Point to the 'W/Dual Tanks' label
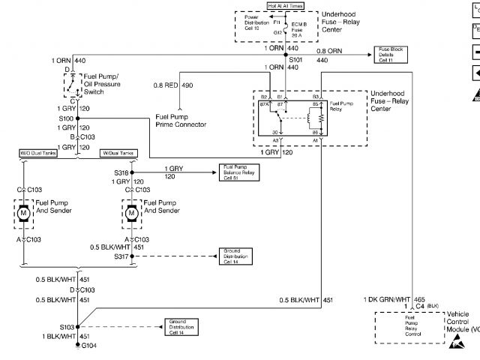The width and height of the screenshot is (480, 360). (118, 153)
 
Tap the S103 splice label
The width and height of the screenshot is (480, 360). (67, 327)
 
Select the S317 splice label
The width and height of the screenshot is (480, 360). (121, 256)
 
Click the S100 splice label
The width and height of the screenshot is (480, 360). (67, 118)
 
